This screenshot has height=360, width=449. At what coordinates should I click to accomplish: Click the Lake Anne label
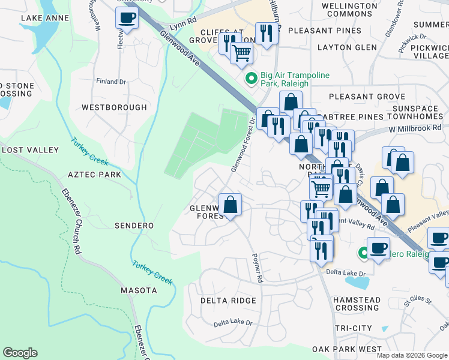point(44,18)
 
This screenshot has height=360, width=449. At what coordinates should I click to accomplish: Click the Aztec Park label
point(95,175)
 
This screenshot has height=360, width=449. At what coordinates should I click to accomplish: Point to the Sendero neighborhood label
point(134,226)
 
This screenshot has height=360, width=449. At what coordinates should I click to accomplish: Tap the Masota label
point(138,290)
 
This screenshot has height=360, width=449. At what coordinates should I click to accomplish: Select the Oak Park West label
point(346,349)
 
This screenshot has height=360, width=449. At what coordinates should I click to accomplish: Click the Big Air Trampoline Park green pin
point(251,78)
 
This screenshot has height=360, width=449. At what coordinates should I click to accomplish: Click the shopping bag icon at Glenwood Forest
point(230,205)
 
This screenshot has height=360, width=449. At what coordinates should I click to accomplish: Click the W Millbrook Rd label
point(415,128)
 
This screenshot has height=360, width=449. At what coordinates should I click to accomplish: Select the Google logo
point(20,353)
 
